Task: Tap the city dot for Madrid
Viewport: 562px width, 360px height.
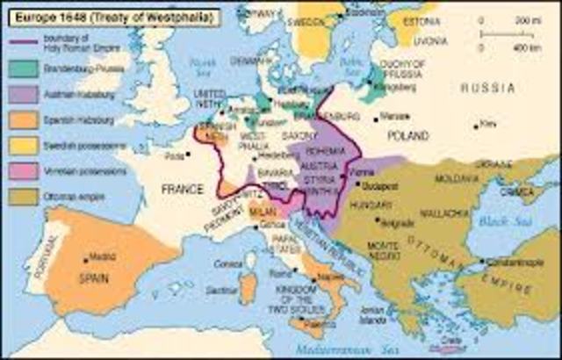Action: (x=86, y=258)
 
